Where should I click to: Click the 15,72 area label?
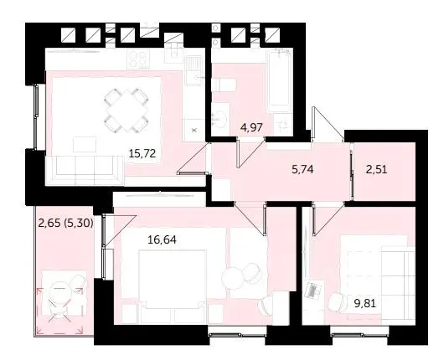coord(142,154)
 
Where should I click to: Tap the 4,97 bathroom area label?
coord(251,127)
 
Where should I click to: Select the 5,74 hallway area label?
coord(302,169)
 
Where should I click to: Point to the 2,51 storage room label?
coord(376,170)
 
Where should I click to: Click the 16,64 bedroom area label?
coord(162,240)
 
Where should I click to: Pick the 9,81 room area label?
coord(365,303)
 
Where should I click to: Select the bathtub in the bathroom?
coord(280,80)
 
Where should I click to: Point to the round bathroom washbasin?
coord(219,117)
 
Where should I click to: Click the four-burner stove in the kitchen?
coord(138,59)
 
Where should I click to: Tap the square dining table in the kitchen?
coord(126,111)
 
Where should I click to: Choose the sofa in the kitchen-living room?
coord(85,170)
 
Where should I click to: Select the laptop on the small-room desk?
coord(312,290)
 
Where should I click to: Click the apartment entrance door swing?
coord(328,124)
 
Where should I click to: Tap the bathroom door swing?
coord(250,152)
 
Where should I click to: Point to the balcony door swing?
coord(119,229)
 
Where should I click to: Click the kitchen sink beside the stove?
coord(194,69)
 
